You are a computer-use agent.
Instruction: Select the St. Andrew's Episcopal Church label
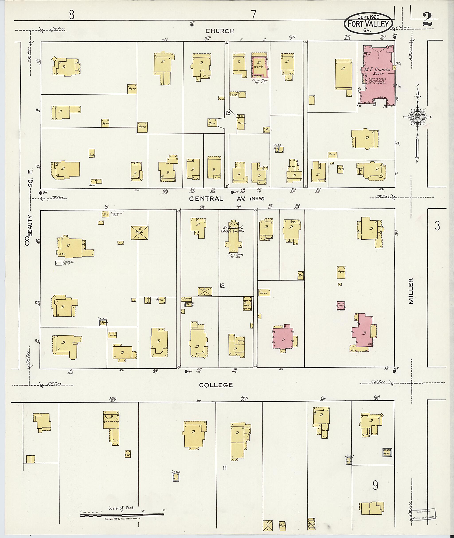click(x=233, y=229)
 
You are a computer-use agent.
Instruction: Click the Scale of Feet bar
click(x=122, y=514)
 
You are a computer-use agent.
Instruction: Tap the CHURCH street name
click(x=219, y=31)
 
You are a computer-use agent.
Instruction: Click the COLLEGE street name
click(x=216, y=385)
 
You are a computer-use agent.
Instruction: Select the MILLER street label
click(x=411, y=290)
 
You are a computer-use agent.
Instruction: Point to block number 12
click(x=222, y=286)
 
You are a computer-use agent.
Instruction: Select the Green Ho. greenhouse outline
click(x=59, y=263)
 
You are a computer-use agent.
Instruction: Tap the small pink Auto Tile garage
click(x=341, y=305)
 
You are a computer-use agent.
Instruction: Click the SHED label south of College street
click(x=128, y=455)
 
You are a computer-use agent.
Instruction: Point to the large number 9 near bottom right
click(x=376, y=485)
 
